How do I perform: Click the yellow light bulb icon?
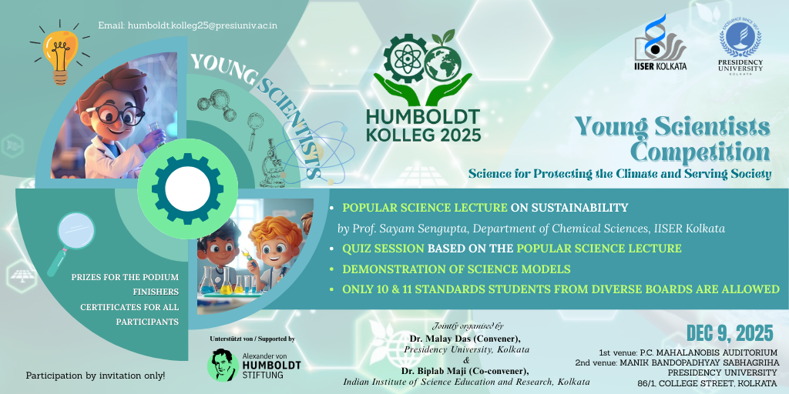[59, 55]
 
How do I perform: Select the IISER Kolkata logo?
[660, 43]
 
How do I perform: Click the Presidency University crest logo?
[740, 45]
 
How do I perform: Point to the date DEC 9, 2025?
[730, 332]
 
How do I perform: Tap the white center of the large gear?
[187, 189]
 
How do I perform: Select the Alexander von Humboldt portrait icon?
[223, 365]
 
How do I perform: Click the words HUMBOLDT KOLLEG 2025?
[423, 125]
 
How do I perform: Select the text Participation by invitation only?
[96, 376]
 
